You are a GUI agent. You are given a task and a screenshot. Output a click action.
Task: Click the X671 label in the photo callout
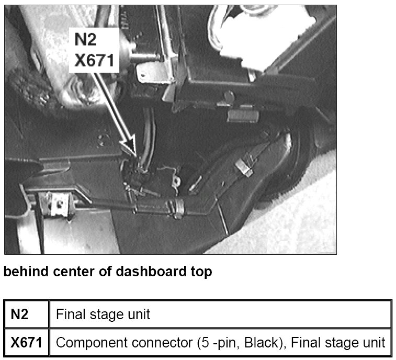coord(94,61)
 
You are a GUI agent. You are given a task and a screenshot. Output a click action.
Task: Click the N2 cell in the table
coord(20,314)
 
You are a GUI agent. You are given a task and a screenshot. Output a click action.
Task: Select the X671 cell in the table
coord(26,343)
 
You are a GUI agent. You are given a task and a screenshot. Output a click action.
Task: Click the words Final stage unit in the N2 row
coord(103,314)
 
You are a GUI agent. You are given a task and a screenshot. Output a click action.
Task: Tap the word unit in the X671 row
coord(374,343)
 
